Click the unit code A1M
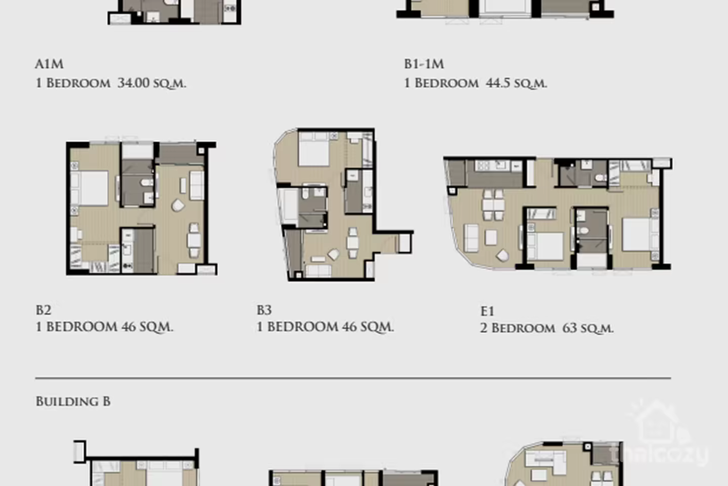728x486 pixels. pos(49,64)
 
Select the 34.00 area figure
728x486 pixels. pos(133,83)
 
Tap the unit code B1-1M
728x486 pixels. pos(424,64)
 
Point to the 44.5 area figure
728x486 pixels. pos(498,83)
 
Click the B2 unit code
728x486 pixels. pos(43,310)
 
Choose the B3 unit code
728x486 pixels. pos(264,310)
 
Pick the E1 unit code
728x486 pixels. pos(487,311)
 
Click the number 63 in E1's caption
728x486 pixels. pos(570,328)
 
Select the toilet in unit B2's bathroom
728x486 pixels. pos(147,182)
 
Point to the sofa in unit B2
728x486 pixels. pos(197,185)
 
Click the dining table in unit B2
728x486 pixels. pos(194,240)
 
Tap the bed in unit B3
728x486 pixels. pos(314,149)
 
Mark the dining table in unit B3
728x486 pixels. pos(353,243)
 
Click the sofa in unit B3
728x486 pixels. pos(318,271)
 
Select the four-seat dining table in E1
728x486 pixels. pos(493,205)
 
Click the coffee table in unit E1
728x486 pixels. pos(491,237)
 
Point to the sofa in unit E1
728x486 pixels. pos(471,238)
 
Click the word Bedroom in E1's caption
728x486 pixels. pos(523,328)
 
